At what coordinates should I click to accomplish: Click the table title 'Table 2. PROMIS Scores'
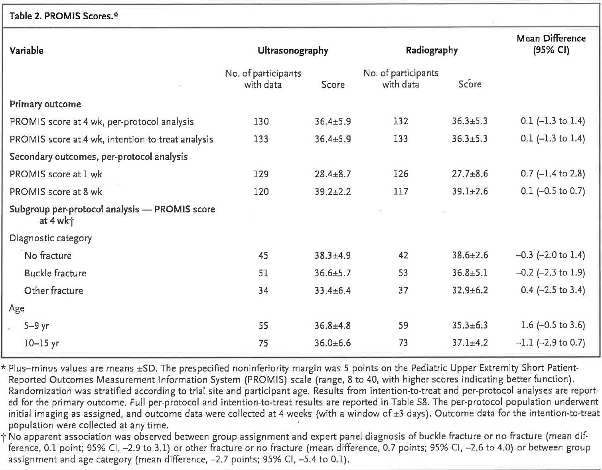[x=61, y=16]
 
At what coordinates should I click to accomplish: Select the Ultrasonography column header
[x=293, y=51]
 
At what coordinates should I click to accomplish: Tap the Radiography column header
[x=432, y=50]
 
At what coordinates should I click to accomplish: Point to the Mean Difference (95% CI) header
[x=551, y=44]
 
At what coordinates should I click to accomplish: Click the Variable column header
[x=26, y=51]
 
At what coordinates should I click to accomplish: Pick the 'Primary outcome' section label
[x=45, y=104]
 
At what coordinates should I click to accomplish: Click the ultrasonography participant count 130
[x=261, y=121]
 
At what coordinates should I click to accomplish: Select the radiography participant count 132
[x=401, y=121]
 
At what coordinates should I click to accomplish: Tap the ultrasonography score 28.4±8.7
[x=332, y=174]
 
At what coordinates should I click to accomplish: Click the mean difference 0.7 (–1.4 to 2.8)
[x=553, y=174]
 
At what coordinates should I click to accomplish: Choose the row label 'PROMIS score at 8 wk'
[x=56, y=192]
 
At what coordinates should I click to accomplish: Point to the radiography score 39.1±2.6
[x=470, y=191]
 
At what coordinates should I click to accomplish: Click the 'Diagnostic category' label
[x=50, y=238]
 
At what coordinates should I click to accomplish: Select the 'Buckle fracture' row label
[x=55, y=273]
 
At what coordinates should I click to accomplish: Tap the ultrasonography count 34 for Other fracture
[x=263, y=290]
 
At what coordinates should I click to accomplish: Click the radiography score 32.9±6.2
[x=470, y=290]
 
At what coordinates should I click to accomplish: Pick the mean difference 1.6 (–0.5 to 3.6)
[x=553, y=325]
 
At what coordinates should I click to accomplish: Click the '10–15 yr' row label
[x=41, y=343]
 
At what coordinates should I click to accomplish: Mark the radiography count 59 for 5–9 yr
[x=403, y=325]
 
